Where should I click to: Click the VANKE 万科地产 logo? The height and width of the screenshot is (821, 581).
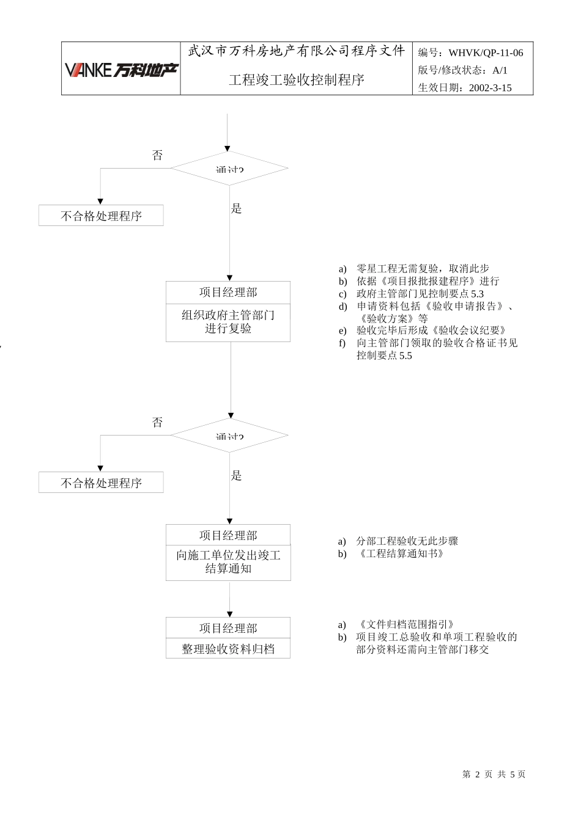[x=121, y=70]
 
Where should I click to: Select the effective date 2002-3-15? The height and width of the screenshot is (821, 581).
[x=490, y=87]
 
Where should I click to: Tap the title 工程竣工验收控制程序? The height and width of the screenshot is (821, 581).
[x=297, y=80]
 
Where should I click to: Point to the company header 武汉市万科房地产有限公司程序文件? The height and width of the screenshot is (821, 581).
[x=297, y=51]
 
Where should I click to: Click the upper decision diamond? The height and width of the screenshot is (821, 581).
[x=229, y=168]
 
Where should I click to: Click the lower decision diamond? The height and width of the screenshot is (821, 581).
[x=229, y=435]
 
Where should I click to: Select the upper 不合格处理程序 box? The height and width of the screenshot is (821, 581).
[x=101, y=216]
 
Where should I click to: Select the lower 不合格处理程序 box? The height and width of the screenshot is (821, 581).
[x=101, y=483]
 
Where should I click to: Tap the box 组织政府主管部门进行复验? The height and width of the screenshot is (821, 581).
[x=228, y=322]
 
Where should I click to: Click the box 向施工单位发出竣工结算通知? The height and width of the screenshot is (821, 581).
[x=228, y=562]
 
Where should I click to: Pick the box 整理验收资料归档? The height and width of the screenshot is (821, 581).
[x=228, y=648]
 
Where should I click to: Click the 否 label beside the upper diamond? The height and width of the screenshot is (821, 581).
[x=158, y=155]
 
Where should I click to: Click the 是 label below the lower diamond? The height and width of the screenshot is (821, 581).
[x=237, y=475]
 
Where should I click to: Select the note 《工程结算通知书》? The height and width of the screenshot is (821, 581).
[x=399, y=553]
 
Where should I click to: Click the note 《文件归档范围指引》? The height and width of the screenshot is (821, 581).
[x=405, y=624]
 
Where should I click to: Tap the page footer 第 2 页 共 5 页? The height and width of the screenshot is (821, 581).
[x=494, y=774]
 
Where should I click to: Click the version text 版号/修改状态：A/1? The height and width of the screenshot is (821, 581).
[x=463, y=70]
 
